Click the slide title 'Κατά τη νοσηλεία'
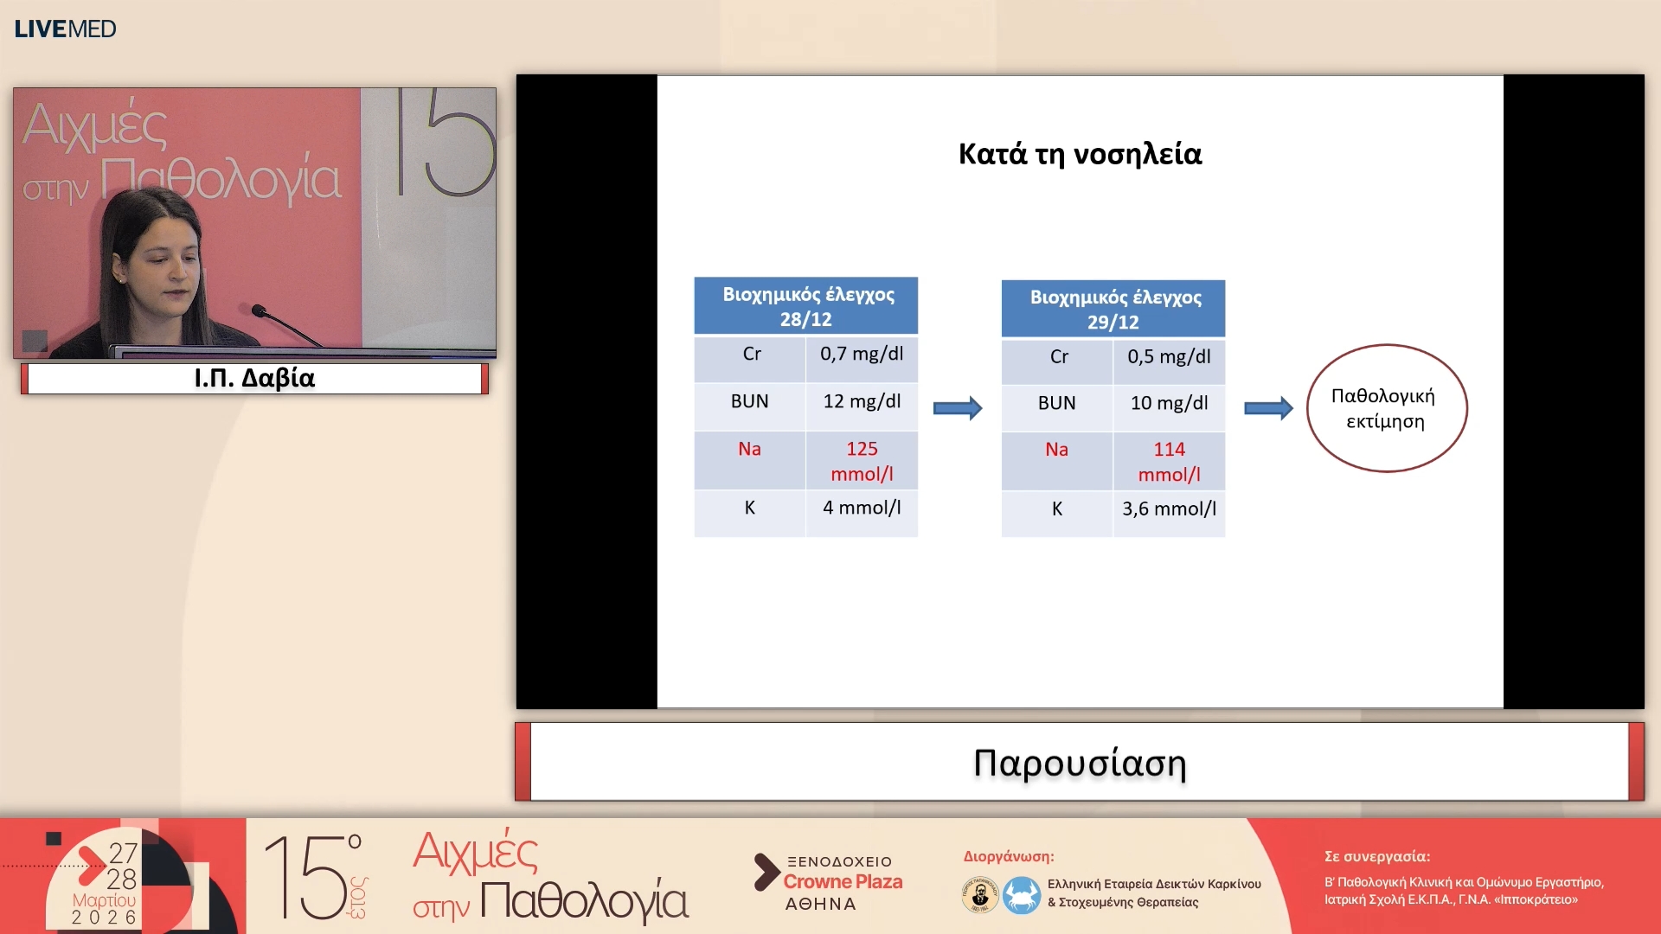click(1080, 154)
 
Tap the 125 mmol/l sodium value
click(862, 461)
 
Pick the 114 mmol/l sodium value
click(1169, 462)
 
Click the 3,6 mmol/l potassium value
click(1169, 509)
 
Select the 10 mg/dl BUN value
click(1169, 403)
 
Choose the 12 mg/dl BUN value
click(862, 401)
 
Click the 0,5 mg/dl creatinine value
click(1169, 356)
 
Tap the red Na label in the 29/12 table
click(1056, 450)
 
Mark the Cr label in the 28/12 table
click(752, 354)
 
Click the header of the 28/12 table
click(806, 306)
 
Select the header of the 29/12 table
click(1113, 309)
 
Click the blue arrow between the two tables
click(958, 408)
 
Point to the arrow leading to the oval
click(1268, 408)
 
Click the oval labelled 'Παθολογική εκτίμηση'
click(1308, 408)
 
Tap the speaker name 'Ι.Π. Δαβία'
click(254, 378)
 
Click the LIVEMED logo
click(65, 29)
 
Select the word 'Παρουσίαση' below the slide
click(1080, 763)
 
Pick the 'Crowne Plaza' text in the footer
click(843, 882)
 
